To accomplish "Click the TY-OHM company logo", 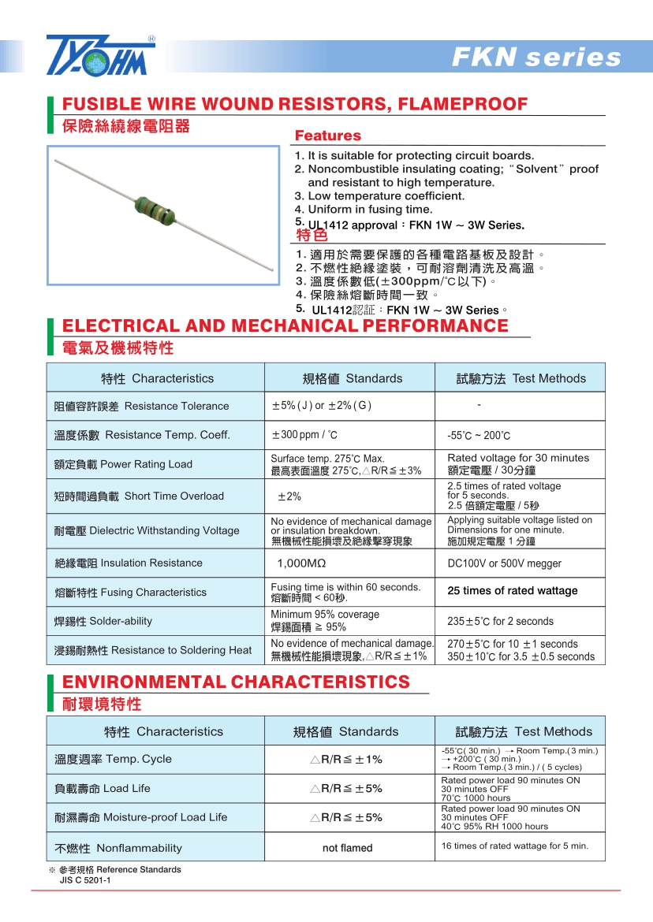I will [x=100, y=55].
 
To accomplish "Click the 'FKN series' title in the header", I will [x=536, y=58].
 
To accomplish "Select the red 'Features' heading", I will [x=327, y=136].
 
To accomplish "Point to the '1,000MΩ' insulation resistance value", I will [x=301, y=563].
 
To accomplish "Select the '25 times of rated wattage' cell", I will [x=512, y=591].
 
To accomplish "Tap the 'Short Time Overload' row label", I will [x=174, y=496].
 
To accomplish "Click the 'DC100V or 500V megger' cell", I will [x=504, y=563].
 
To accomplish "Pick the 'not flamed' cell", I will [x=347, y=848].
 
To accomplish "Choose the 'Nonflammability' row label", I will [x=139, y=848].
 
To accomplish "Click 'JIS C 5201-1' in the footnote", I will [x=85, y=880].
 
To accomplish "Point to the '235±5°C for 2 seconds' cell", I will [x=500, y=621].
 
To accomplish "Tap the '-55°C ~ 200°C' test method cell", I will [x=479, y=436].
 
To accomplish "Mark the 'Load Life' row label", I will [x=126, y=788].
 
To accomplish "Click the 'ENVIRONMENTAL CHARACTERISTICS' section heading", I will [x=236, y=682].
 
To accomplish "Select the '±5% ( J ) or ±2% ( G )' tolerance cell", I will [x=321, y=406].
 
